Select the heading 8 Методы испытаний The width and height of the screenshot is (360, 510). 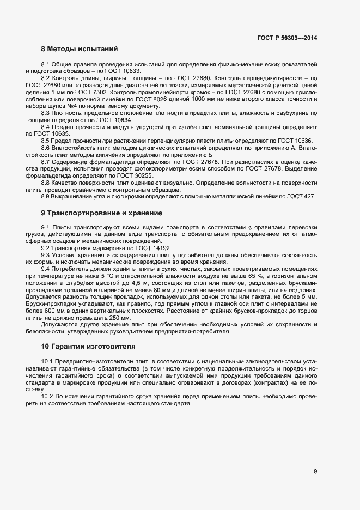(x=80, y=50)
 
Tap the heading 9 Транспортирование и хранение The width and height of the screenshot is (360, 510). (x=101, y=212)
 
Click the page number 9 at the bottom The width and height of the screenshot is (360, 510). (x=315, y=472)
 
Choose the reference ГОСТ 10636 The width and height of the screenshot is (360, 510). (x=300, y=140)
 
